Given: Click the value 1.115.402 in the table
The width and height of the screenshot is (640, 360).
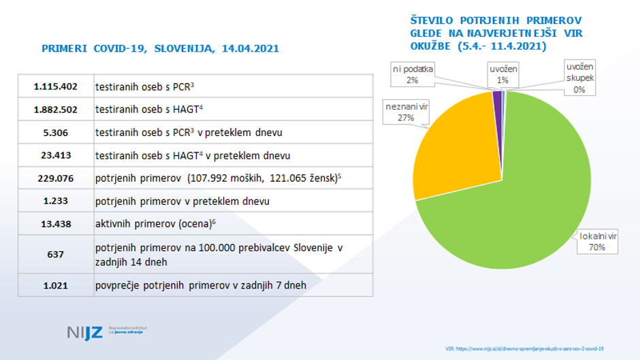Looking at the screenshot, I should coord(56,86).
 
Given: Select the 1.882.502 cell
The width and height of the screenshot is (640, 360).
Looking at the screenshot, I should coord(56,109).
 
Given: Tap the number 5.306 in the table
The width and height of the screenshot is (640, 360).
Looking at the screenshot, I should coord(56,132).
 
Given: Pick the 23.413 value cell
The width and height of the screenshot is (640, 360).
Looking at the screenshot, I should coord(56,155).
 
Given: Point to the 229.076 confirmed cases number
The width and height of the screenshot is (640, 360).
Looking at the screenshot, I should coord(56,178).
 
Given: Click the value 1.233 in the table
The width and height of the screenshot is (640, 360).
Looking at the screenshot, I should coord(56,201).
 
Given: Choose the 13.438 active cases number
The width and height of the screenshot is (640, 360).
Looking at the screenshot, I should coord(56,224).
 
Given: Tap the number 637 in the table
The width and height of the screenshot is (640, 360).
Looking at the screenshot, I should coord(56,254).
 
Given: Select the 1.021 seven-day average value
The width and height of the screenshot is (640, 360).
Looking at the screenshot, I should coord(56,285).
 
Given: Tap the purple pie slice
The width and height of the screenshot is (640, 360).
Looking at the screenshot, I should coord(498,101).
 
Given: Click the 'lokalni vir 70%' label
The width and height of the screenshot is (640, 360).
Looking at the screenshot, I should coord(597,242).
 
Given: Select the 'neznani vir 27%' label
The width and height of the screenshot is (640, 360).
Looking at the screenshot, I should coord(406,113).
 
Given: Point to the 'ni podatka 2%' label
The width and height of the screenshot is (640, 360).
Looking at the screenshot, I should coord(413,74).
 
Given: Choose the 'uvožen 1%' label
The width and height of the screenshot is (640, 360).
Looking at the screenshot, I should coord(503,74).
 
